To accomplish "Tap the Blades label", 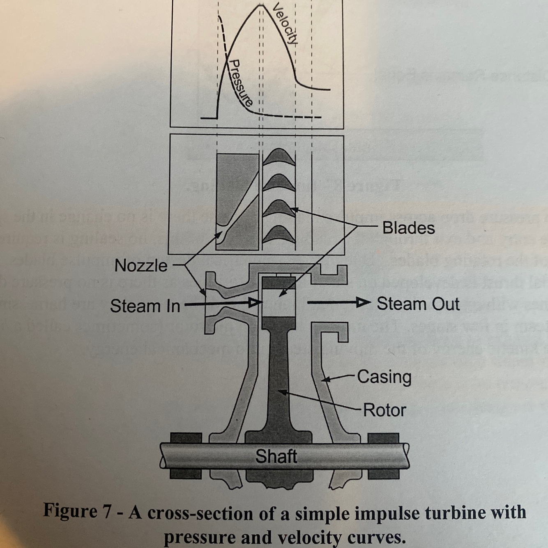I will coord(408,228).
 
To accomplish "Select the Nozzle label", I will coord(141,266).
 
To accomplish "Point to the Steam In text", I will coord(145,306).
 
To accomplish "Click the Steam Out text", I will coord(418,304).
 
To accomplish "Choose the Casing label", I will coord(384,377).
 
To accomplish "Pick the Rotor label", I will coord(385,410).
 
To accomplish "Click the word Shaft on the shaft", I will coord(276,456).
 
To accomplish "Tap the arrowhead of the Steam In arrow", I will coord(255,303).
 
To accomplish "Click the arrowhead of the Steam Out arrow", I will coord(363,303).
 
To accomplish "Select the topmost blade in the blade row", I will coord(279,158).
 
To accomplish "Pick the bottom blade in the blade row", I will coord(279,235).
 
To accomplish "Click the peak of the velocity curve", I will coord(260,5).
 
